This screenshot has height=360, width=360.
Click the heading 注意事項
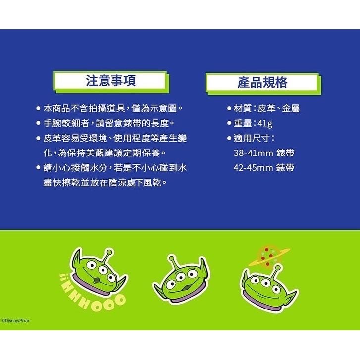click(x=110, y=80)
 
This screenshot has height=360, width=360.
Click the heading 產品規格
click(x=262, y=82)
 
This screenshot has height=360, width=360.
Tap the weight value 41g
click(x=265, y=123)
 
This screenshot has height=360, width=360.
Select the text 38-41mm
click(x=253, y=153)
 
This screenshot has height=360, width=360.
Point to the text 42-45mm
click(x=253, y=168)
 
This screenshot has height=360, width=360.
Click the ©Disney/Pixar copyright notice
click(x=15, y=321)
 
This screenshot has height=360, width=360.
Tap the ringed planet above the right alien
click(x=269, y=256)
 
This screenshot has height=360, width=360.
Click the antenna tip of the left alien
click(x=109, y=252)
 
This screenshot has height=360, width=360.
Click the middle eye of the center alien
click(x=181, y=278)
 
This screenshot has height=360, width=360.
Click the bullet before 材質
click(x=229, y=108)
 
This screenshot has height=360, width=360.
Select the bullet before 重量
click(x=229, y=123)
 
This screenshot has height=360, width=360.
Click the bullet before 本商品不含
click(x=38, y=108)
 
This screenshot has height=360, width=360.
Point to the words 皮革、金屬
click(x=278, y=108)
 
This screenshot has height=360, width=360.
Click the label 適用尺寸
click(x=252, y=138)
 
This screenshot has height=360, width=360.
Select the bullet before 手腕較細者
click(x=38, y=123)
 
